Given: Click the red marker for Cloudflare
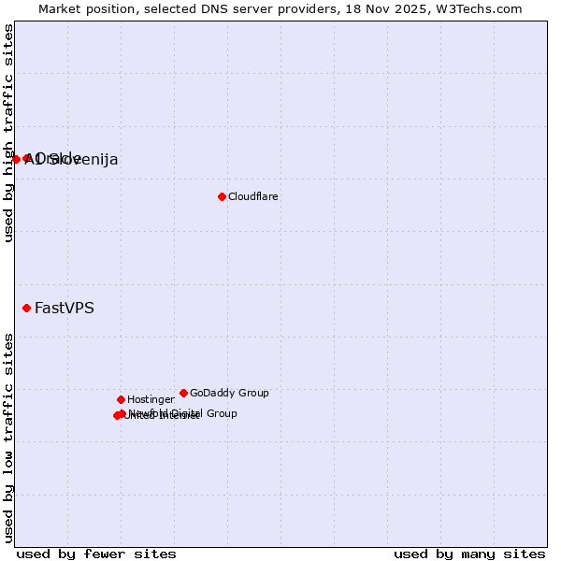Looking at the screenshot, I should click(x=222, y=196).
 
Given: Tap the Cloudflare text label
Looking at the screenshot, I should click(x=253, y=196).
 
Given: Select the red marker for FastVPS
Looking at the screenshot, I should click(x=27, y=308).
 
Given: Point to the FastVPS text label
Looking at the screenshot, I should click(x=65, y=308).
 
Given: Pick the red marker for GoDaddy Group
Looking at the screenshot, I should click(x=183, y=393).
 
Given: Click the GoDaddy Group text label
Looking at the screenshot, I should click(x=229, y=393).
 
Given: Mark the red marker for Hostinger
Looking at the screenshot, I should click(x=121, y=399).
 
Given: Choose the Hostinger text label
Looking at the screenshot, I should click(x=151, y=399).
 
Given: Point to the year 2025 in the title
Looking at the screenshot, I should click(x=409, y=8).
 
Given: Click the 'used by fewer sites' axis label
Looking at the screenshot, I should click(x=96, y=554).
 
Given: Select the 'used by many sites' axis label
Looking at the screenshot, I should click(x=469, y=554).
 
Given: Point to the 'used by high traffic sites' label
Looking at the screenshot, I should click(x=9, y=133).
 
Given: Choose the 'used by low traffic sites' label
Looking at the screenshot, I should click(x=9, y=438).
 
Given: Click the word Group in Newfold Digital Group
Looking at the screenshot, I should click(x=221, y=413).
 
